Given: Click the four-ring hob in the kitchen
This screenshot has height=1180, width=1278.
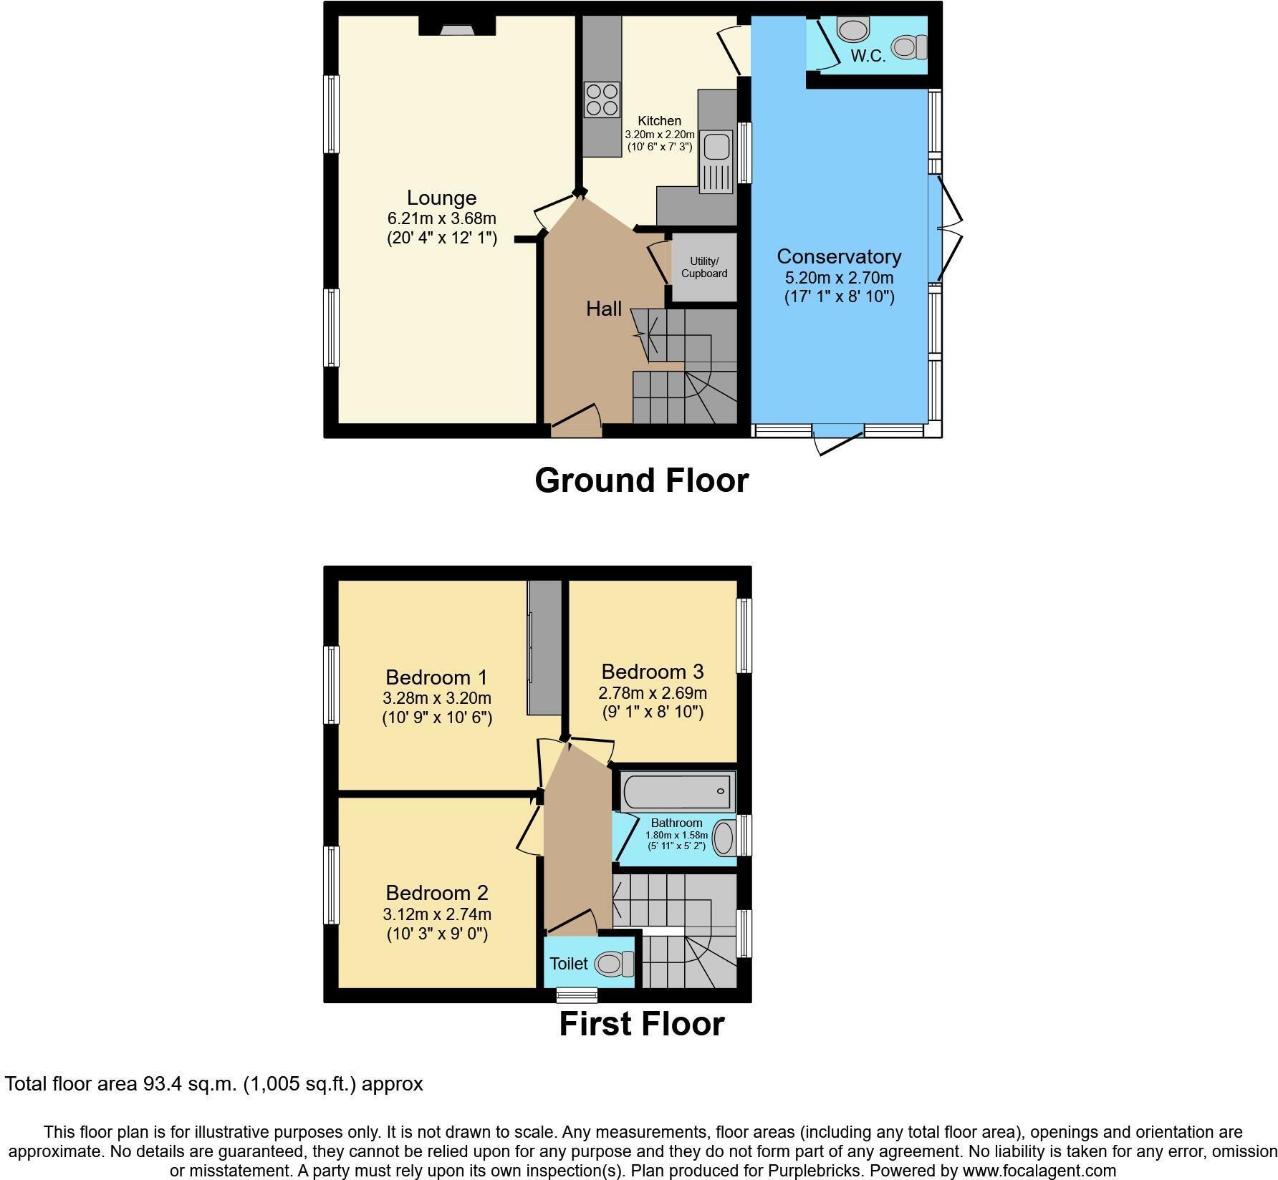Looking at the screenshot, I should click(x=602, y=100).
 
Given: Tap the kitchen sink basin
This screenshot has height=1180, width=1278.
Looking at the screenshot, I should click(x=716, y=147).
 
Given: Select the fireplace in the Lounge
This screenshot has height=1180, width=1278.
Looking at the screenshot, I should click(x=456, y=28).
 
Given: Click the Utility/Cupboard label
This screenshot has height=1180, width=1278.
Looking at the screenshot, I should click(x=703, y=267).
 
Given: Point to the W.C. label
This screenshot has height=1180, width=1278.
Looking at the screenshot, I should click(x=868, y=56).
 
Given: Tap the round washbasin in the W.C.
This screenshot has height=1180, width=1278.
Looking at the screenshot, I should click(x=852, y=29).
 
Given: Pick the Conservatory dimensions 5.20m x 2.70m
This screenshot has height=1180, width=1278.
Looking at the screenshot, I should click(x=839, y=277).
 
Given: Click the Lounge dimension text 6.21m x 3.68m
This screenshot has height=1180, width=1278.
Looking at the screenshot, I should click(x=441, y=218).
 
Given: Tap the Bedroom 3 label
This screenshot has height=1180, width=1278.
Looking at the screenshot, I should click(x=652, y=672).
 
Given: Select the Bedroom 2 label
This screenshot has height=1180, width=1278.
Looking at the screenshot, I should click(x=436, y=893).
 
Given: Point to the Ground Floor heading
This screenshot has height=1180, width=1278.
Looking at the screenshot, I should click(x=641, y=480).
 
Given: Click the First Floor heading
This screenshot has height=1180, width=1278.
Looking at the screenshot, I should click(x=641, y=1024).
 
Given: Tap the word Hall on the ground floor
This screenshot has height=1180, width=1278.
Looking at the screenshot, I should click(x=604, y=309).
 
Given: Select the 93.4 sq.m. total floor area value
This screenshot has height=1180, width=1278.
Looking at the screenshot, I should click(x=186, y=1084).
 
